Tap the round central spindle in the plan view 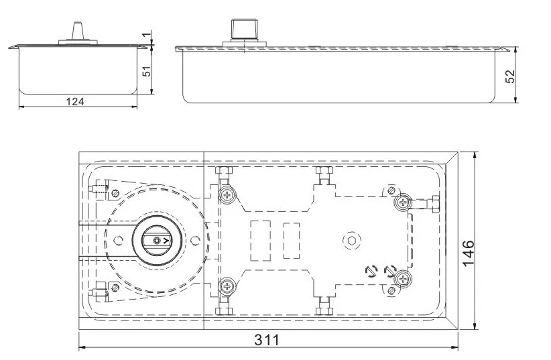pyautogui.click(x=157, y=239)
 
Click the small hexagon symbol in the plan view pyautogui.click(x=352, y=239)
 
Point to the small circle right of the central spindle pyautogui.click(x=194, y=239)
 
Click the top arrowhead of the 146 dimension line pyautogui.click(x=475, y=155)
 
